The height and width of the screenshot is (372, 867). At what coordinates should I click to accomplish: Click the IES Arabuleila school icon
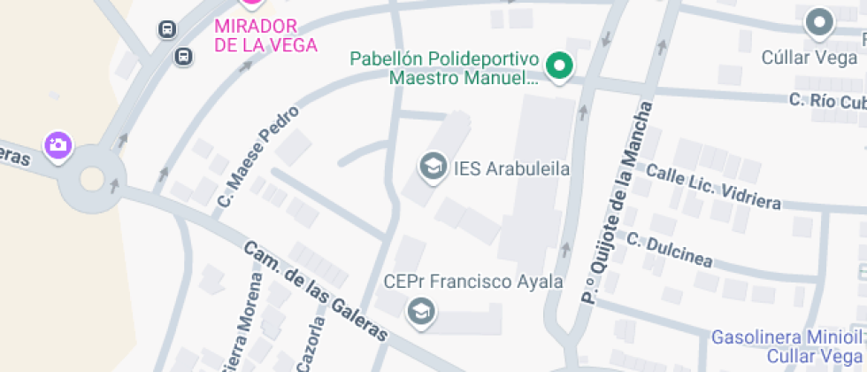pyautogui.click(x=433, y=167)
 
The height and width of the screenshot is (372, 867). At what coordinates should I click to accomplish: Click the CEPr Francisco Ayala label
pyautogui.click(x=473, y=282)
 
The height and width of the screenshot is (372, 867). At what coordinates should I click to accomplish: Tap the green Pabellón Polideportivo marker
pyautogui.click(x=559, y=66)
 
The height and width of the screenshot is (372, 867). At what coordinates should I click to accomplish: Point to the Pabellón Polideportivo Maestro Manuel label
pyautogui.click(x=444, y=68)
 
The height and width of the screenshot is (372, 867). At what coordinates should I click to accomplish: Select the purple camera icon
pyautogui.click(x=59, y=145)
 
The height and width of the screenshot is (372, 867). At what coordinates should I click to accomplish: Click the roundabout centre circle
pyautogui.click(x=92, y=180)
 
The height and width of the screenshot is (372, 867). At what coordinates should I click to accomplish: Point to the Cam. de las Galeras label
pyautogui.click(x=315, y=291)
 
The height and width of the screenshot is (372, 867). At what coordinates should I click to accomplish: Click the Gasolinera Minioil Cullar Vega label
pyautogui.click(x=786, y=346)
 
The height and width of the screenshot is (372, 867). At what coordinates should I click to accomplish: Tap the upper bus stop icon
pyautogui.click(x=166, y=30)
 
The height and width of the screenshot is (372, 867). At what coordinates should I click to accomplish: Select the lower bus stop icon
pyautogui.click(x=183, y=57)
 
